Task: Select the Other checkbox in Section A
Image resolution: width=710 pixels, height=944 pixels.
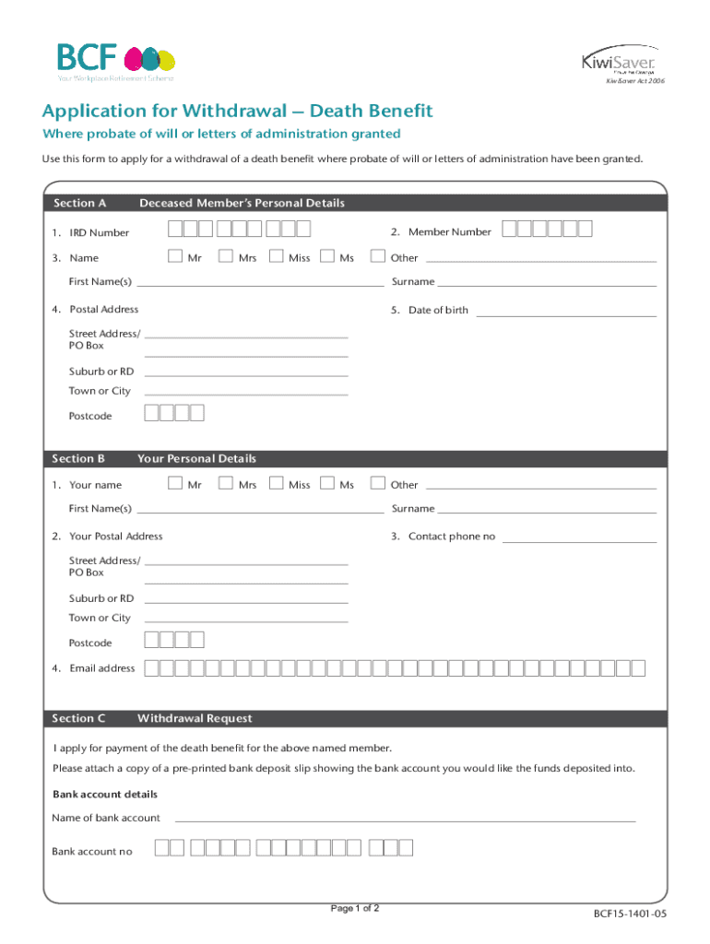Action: point(376,256)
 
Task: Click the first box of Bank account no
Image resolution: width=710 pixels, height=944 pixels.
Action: point(162,848)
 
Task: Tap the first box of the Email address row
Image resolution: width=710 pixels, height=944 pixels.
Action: point(151,667)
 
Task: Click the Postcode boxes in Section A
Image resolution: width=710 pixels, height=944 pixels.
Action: point(174,413)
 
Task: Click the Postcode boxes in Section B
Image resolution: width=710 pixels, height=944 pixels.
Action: point(174,640)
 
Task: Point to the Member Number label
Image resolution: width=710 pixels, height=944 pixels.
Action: point(449,232)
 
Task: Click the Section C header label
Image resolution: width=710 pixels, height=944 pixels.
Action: point(78,718)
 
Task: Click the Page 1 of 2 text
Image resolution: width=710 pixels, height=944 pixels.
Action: point(355,908)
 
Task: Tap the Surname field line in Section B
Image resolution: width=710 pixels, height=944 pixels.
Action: point(547,512)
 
